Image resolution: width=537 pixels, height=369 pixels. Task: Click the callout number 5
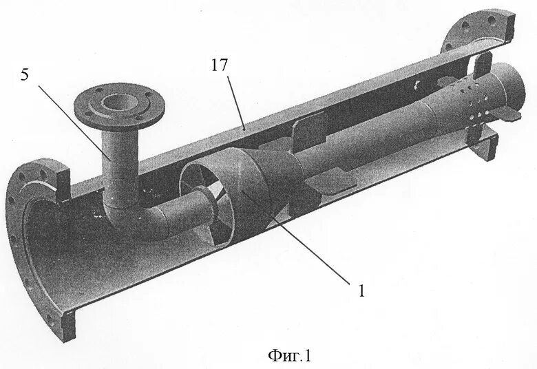(x=24, y=75)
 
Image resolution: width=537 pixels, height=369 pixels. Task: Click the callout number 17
(x=220, y=65)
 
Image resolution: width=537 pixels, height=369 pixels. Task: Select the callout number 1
(x=360, y=291)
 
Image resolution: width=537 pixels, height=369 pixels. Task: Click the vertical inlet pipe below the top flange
(x=118, y=165)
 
